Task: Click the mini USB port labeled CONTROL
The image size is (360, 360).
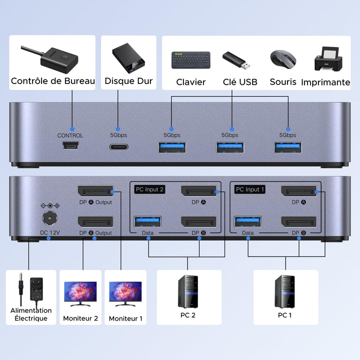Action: point(70,147)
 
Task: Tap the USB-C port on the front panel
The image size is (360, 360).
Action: point(118,147)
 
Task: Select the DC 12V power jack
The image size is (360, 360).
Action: point(49,218)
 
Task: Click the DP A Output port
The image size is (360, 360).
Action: point(95,191)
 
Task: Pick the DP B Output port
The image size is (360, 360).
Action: point(95,221)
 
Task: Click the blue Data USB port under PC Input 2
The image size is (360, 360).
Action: point(147,221)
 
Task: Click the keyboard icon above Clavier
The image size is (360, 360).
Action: point(190,60)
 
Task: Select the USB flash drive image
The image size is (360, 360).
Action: point(234,60)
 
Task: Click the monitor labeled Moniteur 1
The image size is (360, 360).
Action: point(125,294)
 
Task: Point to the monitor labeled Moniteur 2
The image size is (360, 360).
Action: point(80,294)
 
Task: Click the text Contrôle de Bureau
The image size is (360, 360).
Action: point(53,81)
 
